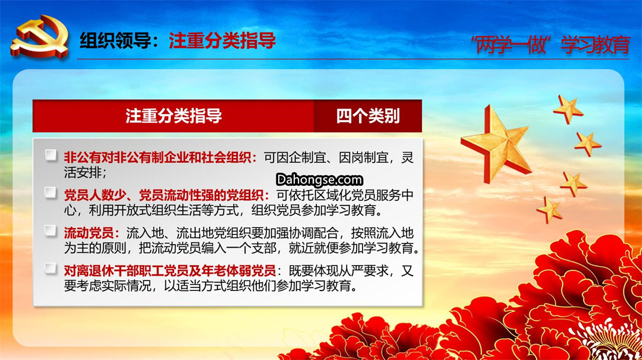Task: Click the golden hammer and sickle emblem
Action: [40, 37]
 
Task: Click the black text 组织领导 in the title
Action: [115, 41]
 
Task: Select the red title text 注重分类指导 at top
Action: [222, 41]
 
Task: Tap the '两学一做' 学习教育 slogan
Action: [550, 45]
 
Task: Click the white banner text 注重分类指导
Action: [174, 116]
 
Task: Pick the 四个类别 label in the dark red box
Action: [368, 116]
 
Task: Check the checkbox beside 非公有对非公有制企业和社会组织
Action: [51, 156]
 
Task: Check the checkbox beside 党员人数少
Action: [51, 192]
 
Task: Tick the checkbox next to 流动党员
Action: [51, 230]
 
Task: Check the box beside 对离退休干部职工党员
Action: [51, 269]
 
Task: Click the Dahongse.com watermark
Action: [319, 179]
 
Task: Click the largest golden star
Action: [497, 143]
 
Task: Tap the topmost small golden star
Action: [568, 108]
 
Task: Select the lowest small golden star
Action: [550, 210]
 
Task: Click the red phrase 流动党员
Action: [89, 233]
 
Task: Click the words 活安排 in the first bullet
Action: [82, 172]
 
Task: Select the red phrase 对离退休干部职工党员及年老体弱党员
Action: [169, 270]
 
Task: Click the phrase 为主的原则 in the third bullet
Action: [95, 248]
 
